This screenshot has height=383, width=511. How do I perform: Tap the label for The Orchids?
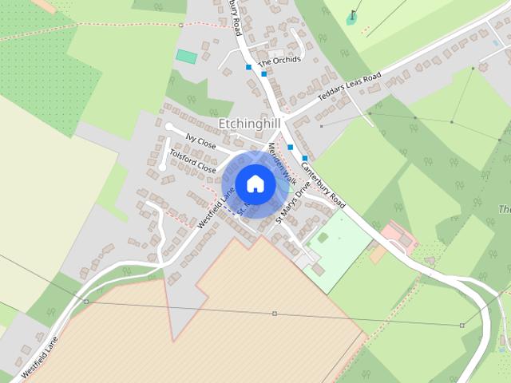pos(279,61)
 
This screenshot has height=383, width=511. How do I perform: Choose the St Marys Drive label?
pos(292,204)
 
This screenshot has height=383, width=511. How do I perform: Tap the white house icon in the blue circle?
pos(255,184)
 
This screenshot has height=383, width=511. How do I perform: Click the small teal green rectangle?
pos(186,57)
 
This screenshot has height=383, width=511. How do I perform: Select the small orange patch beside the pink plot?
pos(378,254)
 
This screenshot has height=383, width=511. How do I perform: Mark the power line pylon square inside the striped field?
pos(274,314)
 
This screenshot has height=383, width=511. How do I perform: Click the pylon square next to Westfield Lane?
pos(86,302)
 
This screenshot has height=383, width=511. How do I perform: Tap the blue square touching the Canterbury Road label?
pos(304,159)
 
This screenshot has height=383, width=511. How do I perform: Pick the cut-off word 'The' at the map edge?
pos(504,209)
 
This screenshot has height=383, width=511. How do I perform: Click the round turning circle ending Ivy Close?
pos(168,127)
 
